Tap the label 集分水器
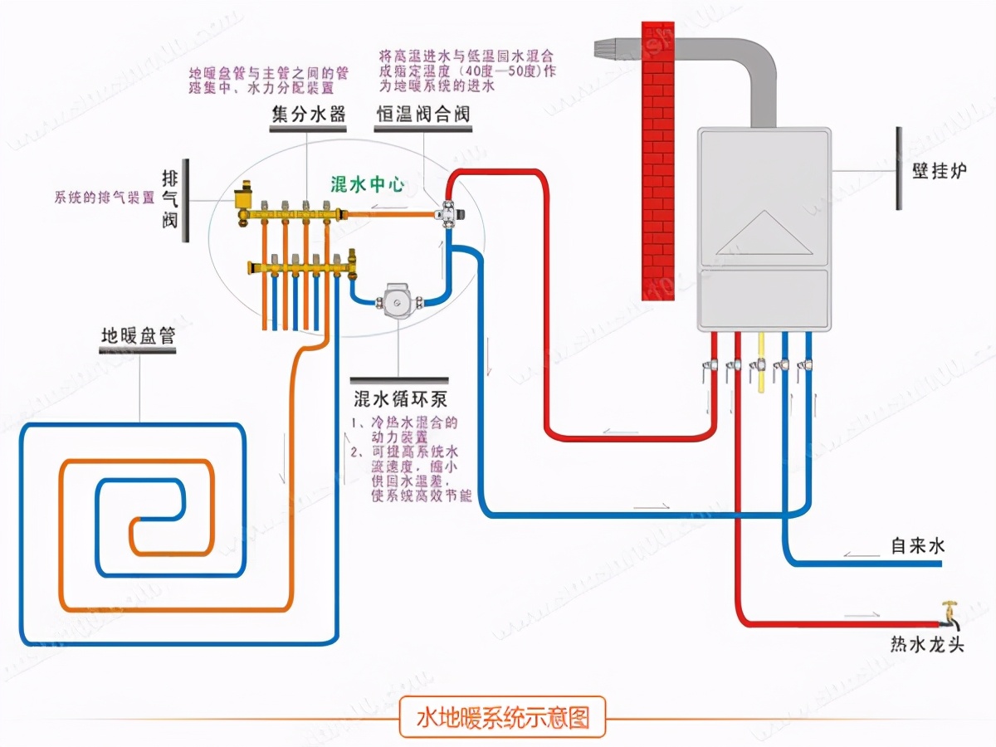(x=309, y=114)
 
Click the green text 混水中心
(x=367, y=184)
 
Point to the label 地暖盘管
(x=138, y=337)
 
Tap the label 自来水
(x=917, y=546)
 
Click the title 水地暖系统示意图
(x=502, y=717)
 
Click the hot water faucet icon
(x=948, y=615)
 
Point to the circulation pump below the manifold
(x=399, y=298)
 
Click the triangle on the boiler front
(x=763, y=234)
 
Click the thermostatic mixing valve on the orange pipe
(x=452, y=212)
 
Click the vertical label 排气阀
(x=170, y=200)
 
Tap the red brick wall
(x=658, y=158)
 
